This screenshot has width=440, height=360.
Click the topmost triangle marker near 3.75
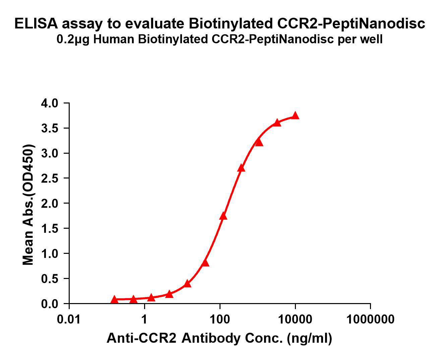pyautogui.click(x=295, y=116)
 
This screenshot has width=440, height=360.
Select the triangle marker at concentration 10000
pyautogui.click(x=295, y=116)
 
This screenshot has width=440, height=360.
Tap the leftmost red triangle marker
pyautogui.click(x=114, y=299)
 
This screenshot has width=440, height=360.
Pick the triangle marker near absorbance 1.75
pyautogui.click(x=223, y=216)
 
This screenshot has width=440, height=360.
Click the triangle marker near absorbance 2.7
pyautogui.click(x=241, y=168)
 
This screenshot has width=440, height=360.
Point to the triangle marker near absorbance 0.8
pyautogui.click(x=205, y=263)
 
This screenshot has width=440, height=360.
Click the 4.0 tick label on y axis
pyautogui.click(x=50, y=103)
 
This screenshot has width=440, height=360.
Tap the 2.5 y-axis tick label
pyautogui.click(x=50, y=178)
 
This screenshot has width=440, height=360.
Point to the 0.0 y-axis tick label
pyautogui.click(x=50, y=304)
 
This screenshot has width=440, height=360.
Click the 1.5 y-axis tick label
pyautogui.click(x=50, y=228)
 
